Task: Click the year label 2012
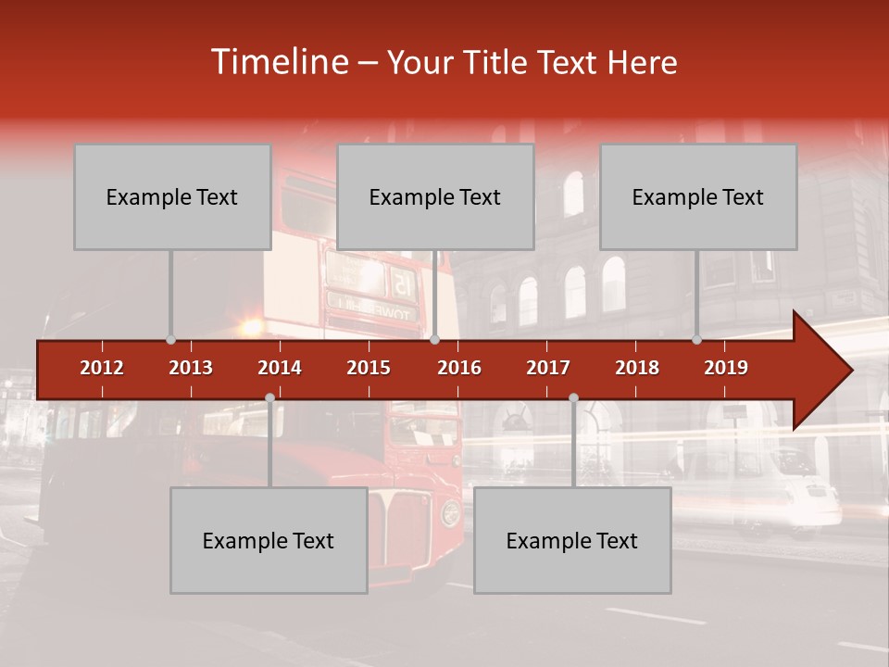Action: click(x=102, y=368)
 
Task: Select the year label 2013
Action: click(x=191, y=368)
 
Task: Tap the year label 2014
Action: click(x=280, y=368)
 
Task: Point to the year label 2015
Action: click(x=369, y=368)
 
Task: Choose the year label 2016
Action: click(x=459, y=368)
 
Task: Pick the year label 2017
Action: click(x=548, y=368)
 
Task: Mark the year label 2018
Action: click(x=637, y=368)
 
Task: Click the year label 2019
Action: click(x=726, y=368)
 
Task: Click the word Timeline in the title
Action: click(x=279, y=62)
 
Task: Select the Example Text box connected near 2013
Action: click(x=172, y=197)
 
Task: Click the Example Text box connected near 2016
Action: click(x=435, y=197)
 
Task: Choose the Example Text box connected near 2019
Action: click(x=698, y=197)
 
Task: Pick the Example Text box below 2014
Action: click(x=269, y=541)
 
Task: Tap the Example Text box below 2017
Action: click(x=572, y=541)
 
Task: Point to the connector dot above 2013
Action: click(x=170, y=340)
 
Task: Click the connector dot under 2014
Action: click(x=269, y=398)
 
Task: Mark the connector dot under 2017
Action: click(x=573, y=398)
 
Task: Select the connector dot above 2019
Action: click(x=697, y=340)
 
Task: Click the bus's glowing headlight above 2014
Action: click(x=251, y=327)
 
